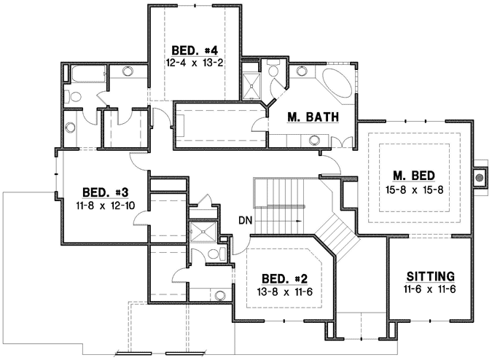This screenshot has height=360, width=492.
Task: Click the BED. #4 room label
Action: (x=195, y=50)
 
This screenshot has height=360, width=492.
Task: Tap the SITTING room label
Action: (x=430, y=276)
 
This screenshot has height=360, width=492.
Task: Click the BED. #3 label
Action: (x=105, y=192)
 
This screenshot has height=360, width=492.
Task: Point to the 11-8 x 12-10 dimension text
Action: (x=105, y=205)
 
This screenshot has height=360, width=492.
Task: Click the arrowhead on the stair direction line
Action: (x=300, y=219)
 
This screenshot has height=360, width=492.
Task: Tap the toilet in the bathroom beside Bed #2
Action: (x=219, y=253)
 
